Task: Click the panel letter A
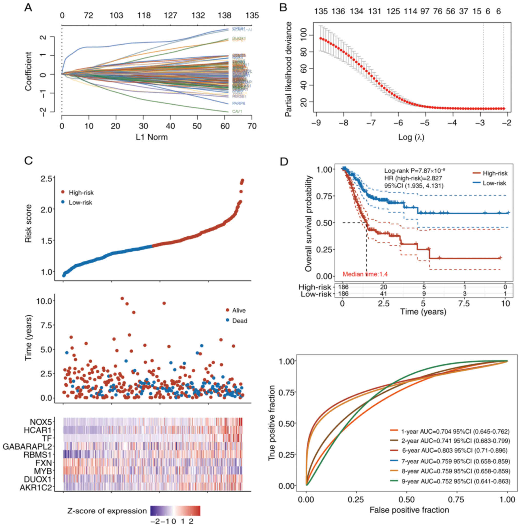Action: coord(28,8)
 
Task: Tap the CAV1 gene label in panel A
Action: coord(237,111)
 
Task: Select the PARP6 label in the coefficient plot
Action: coord(238,103)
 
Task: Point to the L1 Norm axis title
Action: coord(152,137)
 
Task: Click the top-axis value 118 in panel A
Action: coord(144,16)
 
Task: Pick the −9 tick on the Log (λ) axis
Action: coord(316,123)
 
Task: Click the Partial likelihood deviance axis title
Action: coord(288,69)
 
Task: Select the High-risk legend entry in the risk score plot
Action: coord(81,193)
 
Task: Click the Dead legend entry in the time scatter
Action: coord(239,321)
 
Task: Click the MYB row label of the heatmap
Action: coord(43,471)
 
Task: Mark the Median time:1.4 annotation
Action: coord(365,274)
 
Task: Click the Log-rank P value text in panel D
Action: coord(414,171)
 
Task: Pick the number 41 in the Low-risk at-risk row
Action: coord(383,294)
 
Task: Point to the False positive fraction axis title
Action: coord(409,510)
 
